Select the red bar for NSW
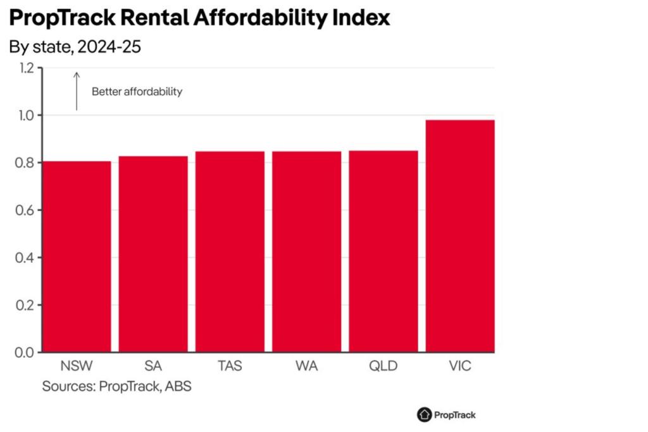(x=77, y=257)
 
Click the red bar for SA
(x=153, y=254)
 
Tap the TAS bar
(x=230, y=251)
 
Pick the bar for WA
(x=306, y=251)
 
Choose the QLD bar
(x=383, y=251)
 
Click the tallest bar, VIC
(x=460, y=236)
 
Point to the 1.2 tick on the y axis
(x=25, y=68)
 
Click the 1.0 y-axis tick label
(x=25, y=115)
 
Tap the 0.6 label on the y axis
(x=25, y=210)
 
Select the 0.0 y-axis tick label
(x=25, y=352)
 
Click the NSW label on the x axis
(x=77, y=366)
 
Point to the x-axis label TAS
(x=230, y=366)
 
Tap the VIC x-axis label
(x=460, y=366)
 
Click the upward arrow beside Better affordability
(x=77, y=91)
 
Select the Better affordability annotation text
(x=137, y=92)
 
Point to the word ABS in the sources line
(x=178, y=386)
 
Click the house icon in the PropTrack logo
(x=424, y=415)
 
